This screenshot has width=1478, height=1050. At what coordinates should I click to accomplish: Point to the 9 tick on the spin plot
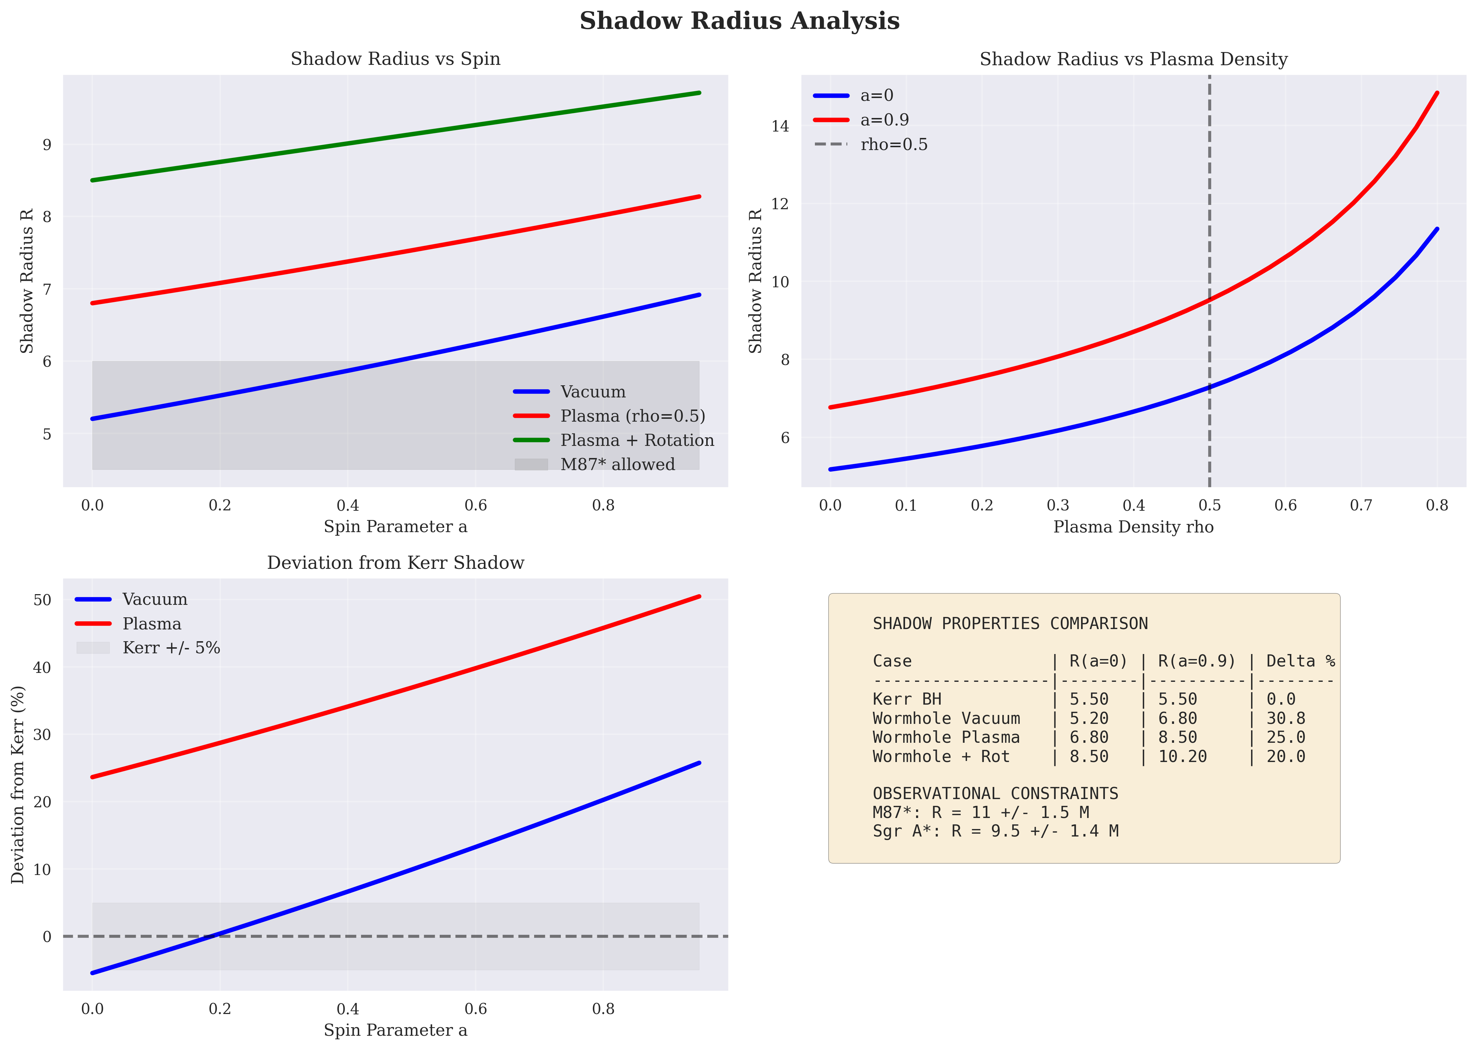(47, 145)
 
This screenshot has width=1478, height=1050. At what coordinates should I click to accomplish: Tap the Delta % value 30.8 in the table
(1286, 718)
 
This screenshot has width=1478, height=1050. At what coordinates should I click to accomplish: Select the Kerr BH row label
(907, 700)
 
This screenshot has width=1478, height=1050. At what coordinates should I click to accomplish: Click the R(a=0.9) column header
(1197, 662)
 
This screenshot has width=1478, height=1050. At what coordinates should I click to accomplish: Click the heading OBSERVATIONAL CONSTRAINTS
(995, 794)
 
